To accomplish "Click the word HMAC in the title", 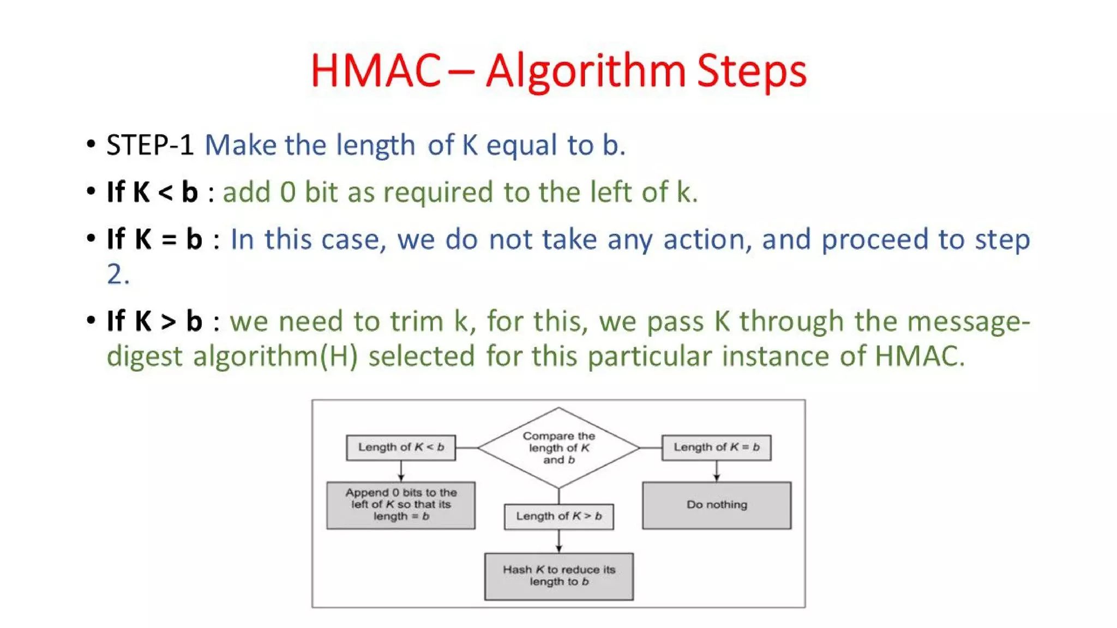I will [375, 71].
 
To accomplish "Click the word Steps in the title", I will [751, 71].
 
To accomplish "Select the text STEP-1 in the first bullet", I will [150, 146].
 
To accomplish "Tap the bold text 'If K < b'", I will [152, 192].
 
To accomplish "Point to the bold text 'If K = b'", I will [154, 239].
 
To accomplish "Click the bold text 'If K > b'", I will [154, 321].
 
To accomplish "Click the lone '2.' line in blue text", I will [118, 274].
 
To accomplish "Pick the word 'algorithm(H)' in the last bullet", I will [275, 357].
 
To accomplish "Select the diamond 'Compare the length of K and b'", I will [558, 448].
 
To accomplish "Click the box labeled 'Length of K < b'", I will [401, 448].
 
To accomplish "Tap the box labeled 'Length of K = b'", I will [716, 448].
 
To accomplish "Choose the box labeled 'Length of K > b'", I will [558, 516].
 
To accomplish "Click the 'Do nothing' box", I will [716, 505].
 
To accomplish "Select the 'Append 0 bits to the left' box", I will [401, 505].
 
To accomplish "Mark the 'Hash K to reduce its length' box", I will [558, 576].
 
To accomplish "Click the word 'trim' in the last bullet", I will [417, 321].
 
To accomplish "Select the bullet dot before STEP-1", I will [91, 144].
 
